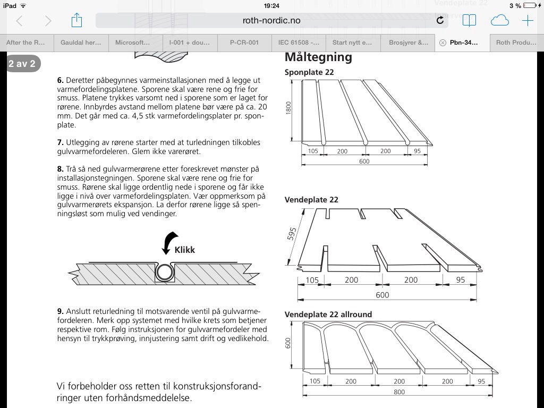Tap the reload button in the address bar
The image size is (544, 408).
[x=440, y=21]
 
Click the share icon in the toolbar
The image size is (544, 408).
[x=76, y=20]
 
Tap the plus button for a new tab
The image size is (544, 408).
[x=527, y=21]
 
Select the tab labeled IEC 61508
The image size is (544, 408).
[x=299, y=42]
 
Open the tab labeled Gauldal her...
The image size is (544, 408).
[x=81, y=42]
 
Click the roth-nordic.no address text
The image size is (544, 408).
[x=271, y=21]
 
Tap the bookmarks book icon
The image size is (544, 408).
[x=469, y=21]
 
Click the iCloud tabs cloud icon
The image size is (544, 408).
[x=499, y=21]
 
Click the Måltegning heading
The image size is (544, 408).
[x=318, y=57]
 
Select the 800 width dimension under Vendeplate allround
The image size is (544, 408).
[x=399, y=392]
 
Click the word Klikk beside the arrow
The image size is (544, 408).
[x=184, y=249]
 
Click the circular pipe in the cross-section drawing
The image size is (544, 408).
[x=164, y=273]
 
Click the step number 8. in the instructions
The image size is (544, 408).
[x=61, y=169]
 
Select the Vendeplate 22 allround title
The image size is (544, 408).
[x=328, y=314]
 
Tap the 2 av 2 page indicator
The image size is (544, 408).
[x=22, y=64]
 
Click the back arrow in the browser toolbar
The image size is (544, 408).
[x=20, y=21]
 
